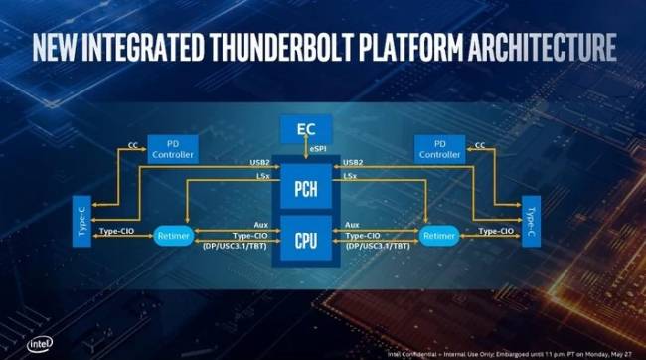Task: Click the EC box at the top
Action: [x=307, y=128]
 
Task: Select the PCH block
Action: [x=306, y=185]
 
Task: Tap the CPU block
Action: [x=306, y=239]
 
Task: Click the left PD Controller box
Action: [x=172, y=149]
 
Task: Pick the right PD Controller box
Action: [x=440, y=149]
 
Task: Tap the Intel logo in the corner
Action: [x=20, y=345]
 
